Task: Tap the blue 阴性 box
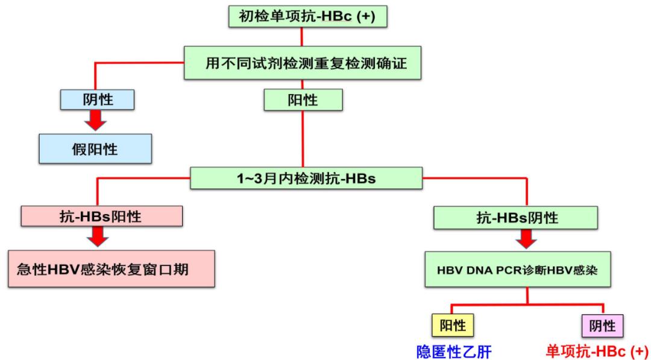(96, 99)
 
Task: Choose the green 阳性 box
(303, 99)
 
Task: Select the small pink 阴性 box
(602, 326)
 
